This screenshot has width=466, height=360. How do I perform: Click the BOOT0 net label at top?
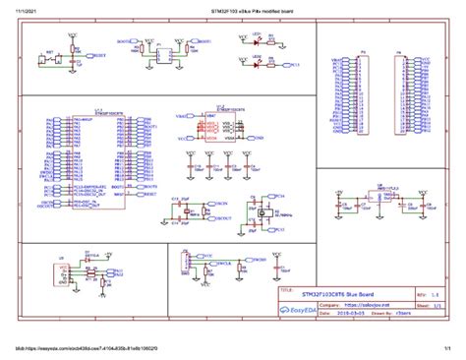pyautogui.click(x=123, y=42)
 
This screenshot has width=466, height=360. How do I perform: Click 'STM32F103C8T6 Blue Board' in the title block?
pyautogui.click(x=339, y=294)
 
